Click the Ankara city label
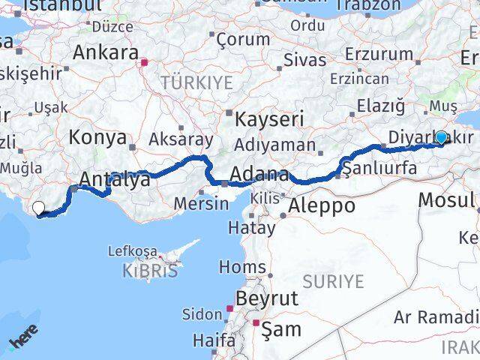pyautogui.click(x=106, y=54)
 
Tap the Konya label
pyautogui.click(x=97, y=138)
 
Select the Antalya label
pyautogui.click(x=109, y=179)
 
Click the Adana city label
pyautogui.click(x=259, y=175)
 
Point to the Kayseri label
pyautogui.click(x=269, y=118)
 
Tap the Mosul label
pyautogui.click(x=446, y=199)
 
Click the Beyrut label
pyautogui.click(x=266, y=298)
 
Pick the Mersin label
pyautogui.click(x=201, y=202)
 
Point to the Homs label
pyautogui.click(x=241, y=266)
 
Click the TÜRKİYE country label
pyautogui.click(x=196, y=82)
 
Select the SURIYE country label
pyautogui.click(x=333, y=282)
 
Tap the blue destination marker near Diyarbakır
pyautogui.click(x=442, y=137)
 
